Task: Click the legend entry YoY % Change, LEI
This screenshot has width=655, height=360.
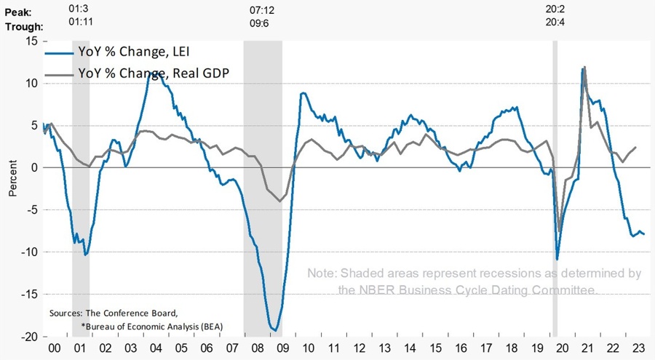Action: point(135,52)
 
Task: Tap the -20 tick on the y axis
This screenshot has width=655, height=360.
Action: point(28,337)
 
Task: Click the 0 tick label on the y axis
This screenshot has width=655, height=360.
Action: point(33,167)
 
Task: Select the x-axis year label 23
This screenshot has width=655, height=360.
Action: point(638,349)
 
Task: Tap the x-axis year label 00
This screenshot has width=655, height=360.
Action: point(55,349)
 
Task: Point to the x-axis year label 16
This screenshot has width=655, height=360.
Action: point(461,349)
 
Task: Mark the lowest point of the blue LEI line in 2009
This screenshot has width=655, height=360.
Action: point(275,331)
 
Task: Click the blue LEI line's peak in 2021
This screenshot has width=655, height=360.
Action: point(584,68)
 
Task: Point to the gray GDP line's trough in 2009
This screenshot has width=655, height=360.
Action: point(279,201)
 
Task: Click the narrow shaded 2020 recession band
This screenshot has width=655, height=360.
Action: point(555,189)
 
